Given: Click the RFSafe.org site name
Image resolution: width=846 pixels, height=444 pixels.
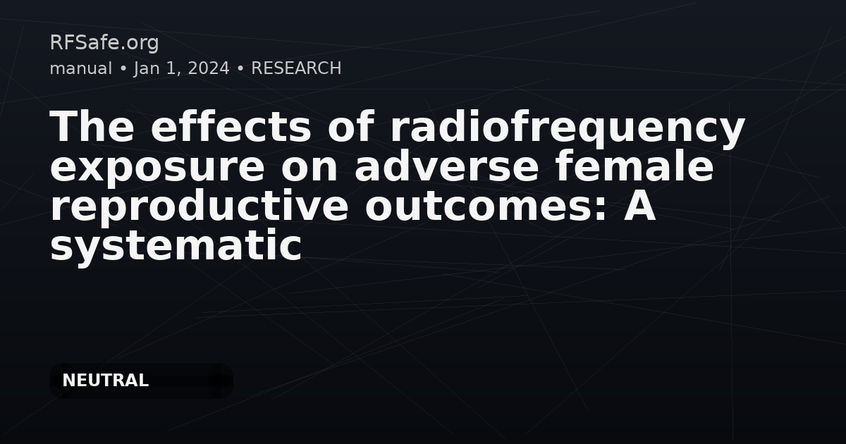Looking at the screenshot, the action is [104, 42].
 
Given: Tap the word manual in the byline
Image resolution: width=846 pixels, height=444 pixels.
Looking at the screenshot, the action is [81, 68].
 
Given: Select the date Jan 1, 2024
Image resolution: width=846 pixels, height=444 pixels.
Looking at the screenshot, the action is [181, 69].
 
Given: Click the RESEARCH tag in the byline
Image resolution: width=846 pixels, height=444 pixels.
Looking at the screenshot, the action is [296, 68].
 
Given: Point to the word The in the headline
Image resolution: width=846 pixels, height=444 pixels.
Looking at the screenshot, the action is [92, 126].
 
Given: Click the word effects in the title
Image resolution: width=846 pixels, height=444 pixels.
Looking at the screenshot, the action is [231, 126].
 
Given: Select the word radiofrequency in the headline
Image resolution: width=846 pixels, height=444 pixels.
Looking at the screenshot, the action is [568, 129].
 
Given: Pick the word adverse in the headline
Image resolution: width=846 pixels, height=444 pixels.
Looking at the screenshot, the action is [446, 166].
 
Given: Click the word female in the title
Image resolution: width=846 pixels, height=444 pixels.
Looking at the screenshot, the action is [634, 166].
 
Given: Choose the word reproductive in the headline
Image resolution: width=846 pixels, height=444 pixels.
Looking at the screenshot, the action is [199, 205].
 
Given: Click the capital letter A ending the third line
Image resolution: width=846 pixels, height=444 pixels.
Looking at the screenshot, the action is [639, 206].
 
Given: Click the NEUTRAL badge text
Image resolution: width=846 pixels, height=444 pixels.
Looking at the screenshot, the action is [105, 381].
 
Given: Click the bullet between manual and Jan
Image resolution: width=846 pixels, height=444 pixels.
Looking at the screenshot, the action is [123, 69].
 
